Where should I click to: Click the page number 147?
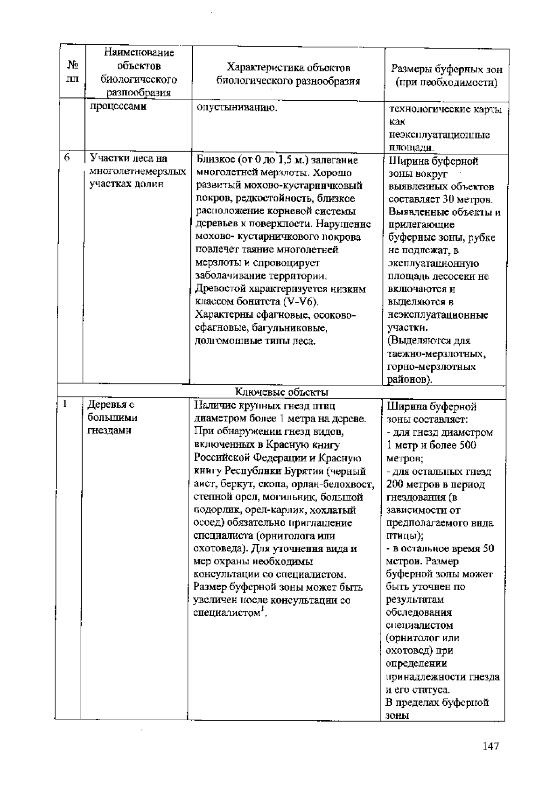[x=491, y=747]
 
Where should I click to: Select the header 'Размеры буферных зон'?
[x=447, y=70]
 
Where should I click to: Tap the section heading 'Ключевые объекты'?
[x=282, y=392]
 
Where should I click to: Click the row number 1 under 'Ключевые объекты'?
[x=66, y=404]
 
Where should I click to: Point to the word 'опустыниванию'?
[x=237, y=108]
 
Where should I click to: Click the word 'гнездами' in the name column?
[x=109, y=430]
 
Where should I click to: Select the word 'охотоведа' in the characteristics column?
[x=216, y=549]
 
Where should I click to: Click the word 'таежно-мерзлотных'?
[x=436, y=354]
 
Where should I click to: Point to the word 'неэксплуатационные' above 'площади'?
[x=439, y=135]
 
